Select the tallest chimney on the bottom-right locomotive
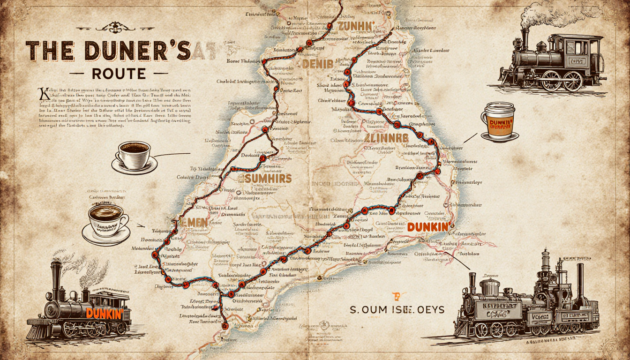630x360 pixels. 545,265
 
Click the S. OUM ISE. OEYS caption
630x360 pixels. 398,310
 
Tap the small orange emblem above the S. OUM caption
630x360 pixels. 397,296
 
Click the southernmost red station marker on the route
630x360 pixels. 225,326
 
